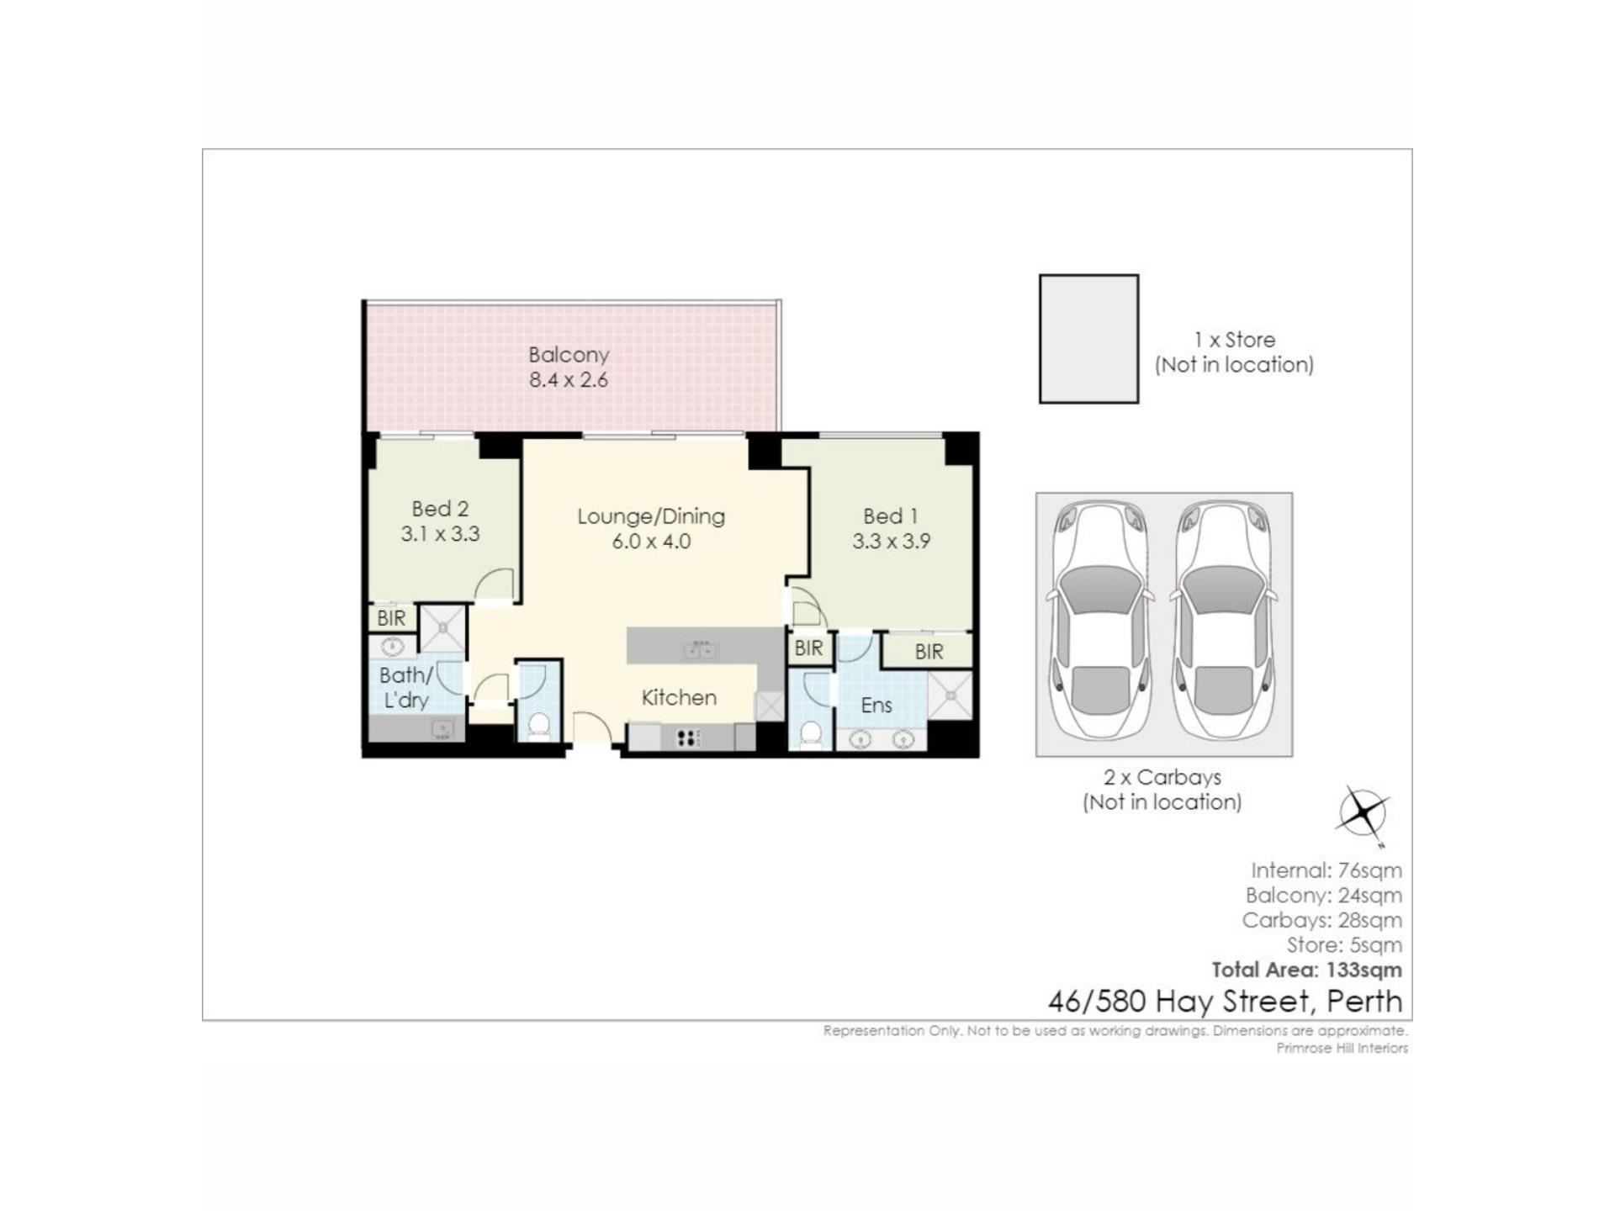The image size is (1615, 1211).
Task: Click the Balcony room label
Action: click(x=569, y=355)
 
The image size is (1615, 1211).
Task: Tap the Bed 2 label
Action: click(x=440, y=509)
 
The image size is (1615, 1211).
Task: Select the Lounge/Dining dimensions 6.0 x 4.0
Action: click(x=651, y=542)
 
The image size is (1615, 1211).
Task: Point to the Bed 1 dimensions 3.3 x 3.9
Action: click(x=891, y=542)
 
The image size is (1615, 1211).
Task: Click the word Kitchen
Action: click(x=679, y=697)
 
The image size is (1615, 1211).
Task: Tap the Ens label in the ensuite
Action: click(x=876, y=705)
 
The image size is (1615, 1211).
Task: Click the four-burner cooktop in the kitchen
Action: click(x=687, y=738)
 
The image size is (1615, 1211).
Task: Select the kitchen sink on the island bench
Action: click(x=700, y=649)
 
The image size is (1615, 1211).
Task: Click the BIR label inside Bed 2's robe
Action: click(x=391, y=618)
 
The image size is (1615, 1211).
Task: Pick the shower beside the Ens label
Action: click(x=950, y=695)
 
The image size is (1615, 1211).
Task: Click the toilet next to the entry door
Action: click(x=538, y=725)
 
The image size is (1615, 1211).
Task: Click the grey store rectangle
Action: click(x=1089, y=339)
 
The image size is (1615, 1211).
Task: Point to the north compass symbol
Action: click(x=1363, y=813)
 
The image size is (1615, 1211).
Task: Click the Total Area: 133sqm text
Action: click(x=1306, y=970)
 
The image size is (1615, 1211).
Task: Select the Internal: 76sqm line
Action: click(x=1326, y=870)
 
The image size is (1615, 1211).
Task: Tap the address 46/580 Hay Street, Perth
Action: click(x=1225, y=1001)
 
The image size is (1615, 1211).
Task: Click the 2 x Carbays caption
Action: click(x=1162, y=777)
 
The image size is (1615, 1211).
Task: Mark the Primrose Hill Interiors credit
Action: click(x=1342, y=1048)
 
